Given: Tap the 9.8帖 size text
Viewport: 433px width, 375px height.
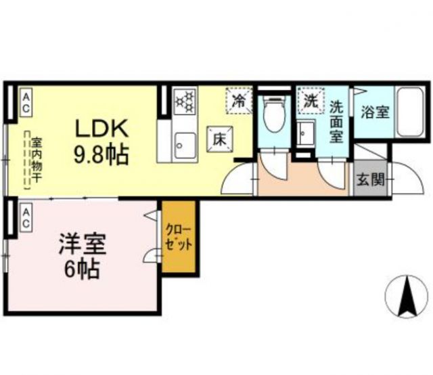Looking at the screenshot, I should (x=101, y=156).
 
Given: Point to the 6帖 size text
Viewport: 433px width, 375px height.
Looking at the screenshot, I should (x=79, y=270).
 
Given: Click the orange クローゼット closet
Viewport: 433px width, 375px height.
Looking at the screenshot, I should (x=179, y=236).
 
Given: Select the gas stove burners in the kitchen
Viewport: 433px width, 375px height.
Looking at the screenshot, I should (x=184, y=103).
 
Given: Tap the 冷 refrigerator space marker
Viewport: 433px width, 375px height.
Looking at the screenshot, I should (x=239, y=102).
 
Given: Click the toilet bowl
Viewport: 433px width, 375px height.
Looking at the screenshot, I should (x=275, y=115).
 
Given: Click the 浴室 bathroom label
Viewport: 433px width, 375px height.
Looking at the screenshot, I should (x=375, y=112).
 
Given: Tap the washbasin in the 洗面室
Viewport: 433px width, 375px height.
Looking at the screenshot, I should (x=304, y=132).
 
